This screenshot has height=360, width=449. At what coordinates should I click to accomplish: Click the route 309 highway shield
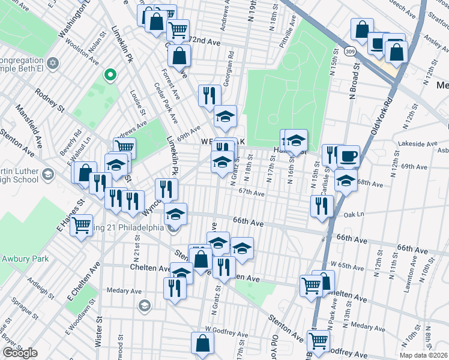[350, 52]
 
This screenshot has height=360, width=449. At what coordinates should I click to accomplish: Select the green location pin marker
[110, 74]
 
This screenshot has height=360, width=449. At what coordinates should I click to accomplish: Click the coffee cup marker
[348, 156]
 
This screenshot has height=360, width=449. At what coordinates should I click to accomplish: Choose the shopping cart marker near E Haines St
[82, 226]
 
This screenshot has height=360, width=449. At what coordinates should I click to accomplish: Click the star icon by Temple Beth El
[53, 63]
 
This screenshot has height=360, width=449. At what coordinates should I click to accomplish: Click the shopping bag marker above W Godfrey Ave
[202, 343]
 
